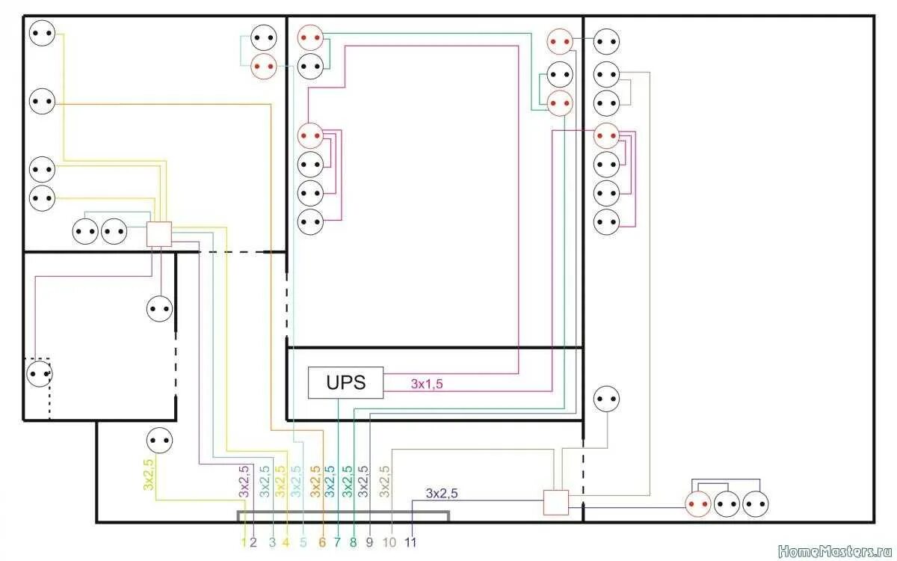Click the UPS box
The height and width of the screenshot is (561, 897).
click(x=345, y=382)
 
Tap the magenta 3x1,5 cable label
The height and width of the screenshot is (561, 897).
click(x=426, y=384)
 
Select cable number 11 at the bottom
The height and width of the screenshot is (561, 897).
click(x=410, y=542)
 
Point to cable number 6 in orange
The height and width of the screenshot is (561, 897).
click(x=323, y=542)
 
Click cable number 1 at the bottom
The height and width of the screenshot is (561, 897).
click(x=244, y=542)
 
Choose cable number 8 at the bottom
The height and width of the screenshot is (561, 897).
click(x=353, y=542)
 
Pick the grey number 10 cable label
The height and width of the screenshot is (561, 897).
click(x=389, y=542)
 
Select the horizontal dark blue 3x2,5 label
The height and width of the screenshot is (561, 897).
click(x=442, y=494)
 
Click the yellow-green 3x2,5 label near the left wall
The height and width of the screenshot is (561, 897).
click(x=148, y=474)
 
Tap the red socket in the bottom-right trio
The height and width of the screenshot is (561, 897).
click(x=700, y=505)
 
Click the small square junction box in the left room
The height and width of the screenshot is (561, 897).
click(x=158, y=234)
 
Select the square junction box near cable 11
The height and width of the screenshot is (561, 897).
click(x=555, y=502)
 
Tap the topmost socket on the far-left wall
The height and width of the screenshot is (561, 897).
click(x=42, y=33)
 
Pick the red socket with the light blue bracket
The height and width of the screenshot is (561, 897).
click(x=263, y=66)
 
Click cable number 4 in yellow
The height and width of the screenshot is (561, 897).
click(x=286, y=542)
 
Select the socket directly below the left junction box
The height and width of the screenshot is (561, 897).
click(x=159, y=307)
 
